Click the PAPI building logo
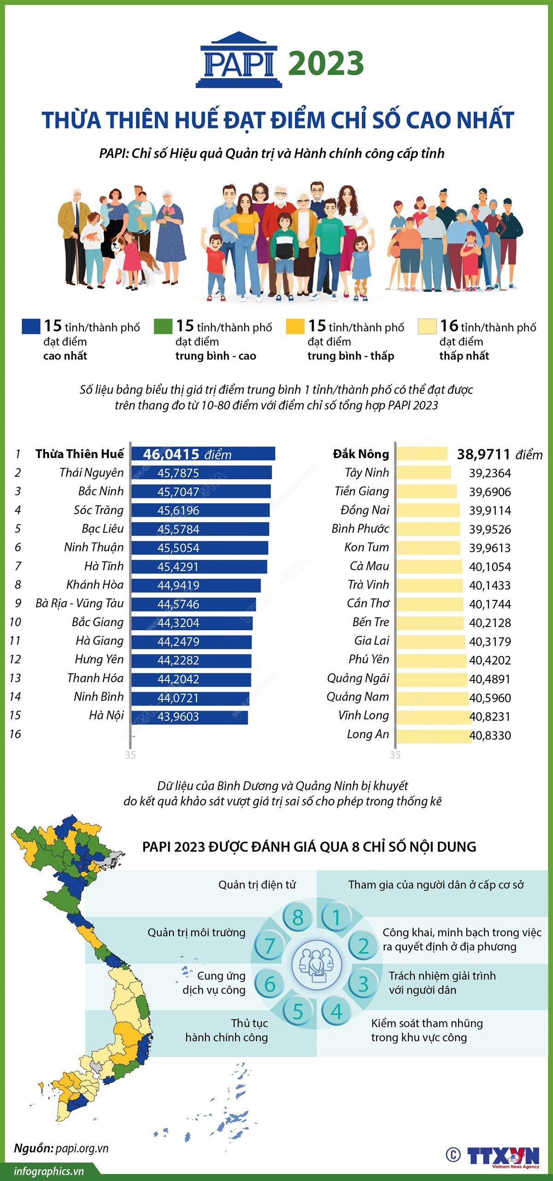pyautogui.click(x=239, y=60)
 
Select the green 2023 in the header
pyautogui.click(x=326, y=64)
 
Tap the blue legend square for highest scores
pyautogui.click(x=31, y=326)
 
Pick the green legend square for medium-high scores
pyautogui.click(x=163, y=326)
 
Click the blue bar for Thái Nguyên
pyautogui.click(x=201, y=473)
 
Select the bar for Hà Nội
pyautogui.click(x=189, y=717)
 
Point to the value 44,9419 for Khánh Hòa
pyautogui.click(x=178, y=585)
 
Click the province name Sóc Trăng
pyautogui.click(x=99, y=510)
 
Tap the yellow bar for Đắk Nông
pyautogui.click(x=422, y=454)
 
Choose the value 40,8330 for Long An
pyautogui.click(x=490, y=735)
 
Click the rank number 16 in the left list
pyautogui.click(x=15, y=734)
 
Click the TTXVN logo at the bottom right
pyautogui.click(x=503, y=1156)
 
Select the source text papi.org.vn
pyautogui.click(x=82, y=1148)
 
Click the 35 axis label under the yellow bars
pyautogui.click(x=395, y=755)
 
